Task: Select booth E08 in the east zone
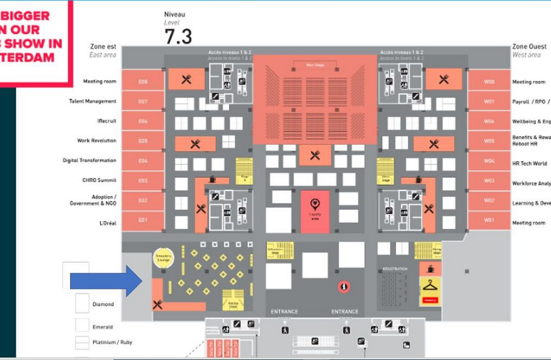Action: [x=143, y=81]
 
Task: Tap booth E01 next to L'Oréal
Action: [x=143, y=221]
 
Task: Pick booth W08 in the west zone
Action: [x=489, y=81]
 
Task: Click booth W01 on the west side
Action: [x=489, y=221]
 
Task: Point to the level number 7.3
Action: [x=179, y=37]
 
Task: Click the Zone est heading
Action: [x=103, y=47]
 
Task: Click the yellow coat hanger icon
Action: [x=430, y=286]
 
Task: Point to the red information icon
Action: [x=344, y=287]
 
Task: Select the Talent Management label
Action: [x=93, y=101]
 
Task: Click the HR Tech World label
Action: [x=529, y=163]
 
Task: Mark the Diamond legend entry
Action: [x=103, y=304]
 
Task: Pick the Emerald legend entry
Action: [x=104, y=326]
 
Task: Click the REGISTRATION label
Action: [x=395, y=269]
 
